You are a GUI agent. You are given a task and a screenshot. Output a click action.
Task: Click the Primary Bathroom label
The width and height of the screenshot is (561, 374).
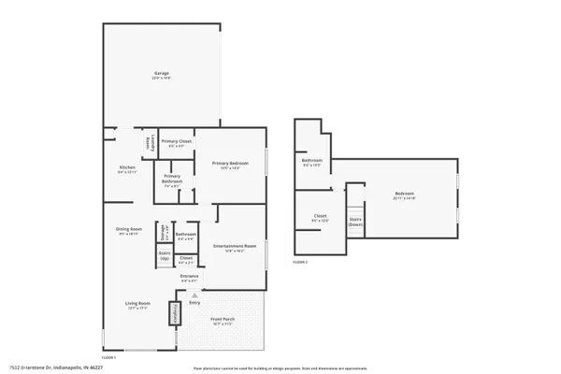pyautogui.click(x=172, y=181)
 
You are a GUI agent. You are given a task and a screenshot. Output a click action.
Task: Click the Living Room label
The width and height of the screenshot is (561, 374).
pyautogui.click(x=137, y=305)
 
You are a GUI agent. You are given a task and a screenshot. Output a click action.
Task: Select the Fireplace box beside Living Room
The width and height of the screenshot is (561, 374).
pyautogui.click(x=174, y=312)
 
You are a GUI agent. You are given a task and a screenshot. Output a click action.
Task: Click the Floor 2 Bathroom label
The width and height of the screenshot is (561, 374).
pyautogui.click(x=312, y=163)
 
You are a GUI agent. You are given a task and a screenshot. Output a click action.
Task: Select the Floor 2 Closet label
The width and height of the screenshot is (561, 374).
pyautogui.click(x=320, y=219)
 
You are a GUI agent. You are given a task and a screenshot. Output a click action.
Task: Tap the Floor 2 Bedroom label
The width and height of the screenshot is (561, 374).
pyautogui.click(x=404, y=196)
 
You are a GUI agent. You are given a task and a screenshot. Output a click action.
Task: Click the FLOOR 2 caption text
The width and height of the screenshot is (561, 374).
pyautogui.click(x=300, y=263)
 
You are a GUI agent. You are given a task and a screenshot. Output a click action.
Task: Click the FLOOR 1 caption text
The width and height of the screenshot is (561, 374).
pyautogui.click(x=108, y=358)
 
